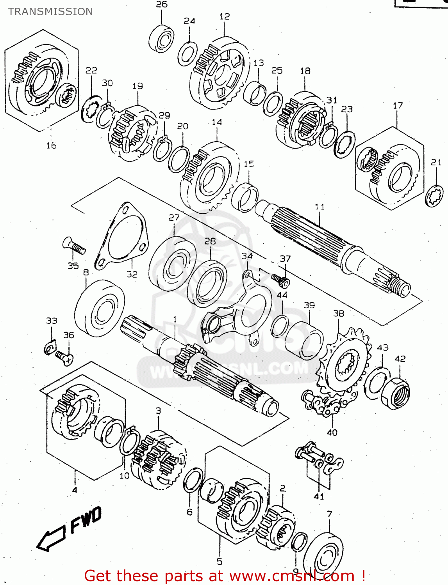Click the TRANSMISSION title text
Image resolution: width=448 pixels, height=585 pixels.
[x=50, y=12]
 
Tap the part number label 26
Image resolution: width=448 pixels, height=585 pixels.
[x=162, y=4]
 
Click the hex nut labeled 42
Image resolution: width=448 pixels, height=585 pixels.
[x=396, y=393]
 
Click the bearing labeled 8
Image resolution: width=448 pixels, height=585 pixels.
[x=100, y=308]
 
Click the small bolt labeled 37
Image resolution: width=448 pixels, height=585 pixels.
[x=280, y=279]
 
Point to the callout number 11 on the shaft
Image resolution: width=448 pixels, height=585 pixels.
[x=319, y=207]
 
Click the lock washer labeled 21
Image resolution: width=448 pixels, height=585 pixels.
[x=434, y=196]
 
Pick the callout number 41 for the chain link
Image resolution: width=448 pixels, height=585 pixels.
[x=319, y=496]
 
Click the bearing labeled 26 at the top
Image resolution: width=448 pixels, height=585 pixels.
[x=161, y=38]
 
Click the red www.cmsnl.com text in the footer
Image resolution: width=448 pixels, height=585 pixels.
[x=291, y=576]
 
